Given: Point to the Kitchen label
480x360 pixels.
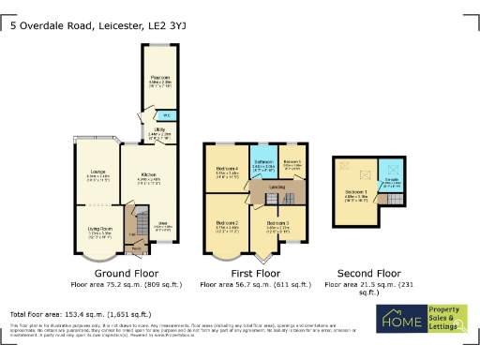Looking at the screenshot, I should pyautogui.click(x=148, y=174).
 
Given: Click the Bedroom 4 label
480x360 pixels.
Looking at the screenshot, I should pyautogui.click(x=228, y=171).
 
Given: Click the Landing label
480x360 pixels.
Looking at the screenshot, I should pyautogui.click(x=277, y=187).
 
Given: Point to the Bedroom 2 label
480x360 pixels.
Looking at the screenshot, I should pyautogui.click(x=228, y=223).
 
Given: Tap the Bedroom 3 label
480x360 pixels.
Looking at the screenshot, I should pyautogui.click(x=277, y=223).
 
